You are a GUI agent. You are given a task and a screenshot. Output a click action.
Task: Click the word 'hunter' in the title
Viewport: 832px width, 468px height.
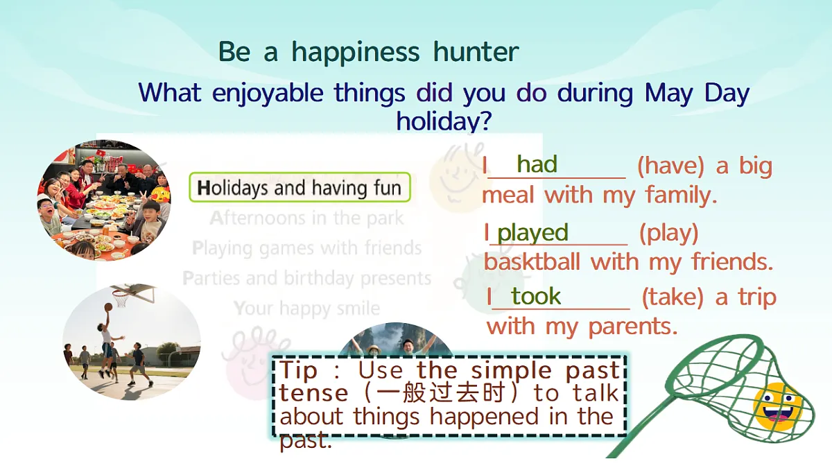tap(476, 51)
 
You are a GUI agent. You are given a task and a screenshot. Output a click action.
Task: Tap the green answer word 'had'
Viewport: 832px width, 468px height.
tap(537, 164)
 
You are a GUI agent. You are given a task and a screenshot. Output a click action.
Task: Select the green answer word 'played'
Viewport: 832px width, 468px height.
tap(533, 234)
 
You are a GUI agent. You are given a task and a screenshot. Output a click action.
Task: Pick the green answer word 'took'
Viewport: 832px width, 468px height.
tap(536, 296)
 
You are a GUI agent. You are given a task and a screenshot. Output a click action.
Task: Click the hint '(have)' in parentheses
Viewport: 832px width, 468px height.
tap(671, 166)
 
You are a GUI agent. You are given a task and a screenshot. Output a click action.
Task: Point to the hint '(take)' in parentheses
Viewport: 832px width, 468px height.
tap(673, 297)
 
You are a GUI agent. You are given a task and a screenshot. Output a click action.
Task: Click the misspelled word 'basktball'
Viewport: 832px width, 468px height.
tap(532, 261)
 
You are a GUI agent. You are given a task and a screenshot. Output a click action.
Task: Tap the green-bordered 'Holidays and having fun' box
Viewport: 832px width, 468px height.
tap(300, 187)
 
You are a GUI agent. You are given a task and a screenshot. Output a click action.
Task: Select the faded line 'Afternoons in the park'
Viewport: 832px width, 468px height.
tap(306, 218)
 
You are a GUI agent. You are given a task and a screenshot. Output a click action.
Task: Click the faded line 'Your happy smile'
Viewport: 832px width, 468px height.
tap(306, 309)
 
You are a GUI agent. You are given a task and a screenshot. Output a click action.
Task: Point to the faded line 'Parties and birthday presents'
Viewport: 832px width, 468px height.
tap(306, 278)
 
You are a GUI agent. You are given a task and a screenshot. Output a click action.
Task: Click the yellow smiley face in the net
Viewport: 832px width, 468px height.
tap(778, 406)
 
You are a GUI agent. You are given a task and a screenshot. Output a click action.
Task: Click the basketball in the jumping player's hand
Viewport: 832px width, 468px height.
tap(108, 307)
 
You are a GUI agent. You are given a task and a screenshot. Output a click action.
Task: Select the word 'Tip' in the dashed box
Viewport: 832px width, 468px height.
tap(299, 370)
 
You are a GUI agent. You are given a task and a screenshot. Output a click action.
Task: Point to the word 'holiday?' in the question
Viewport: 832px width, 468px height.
tap(444, 121)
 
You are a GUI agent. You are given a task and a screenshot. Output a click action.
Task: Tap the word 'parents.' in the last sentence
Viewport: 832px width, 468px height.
tap(633, 327)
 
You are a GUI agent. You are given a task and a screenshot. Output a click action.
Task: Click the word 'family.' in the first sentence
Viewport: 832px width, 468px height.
tap(681, 195)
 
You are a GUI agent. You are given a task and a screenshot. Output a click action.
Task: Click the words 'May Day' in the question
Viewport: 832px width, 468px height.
tap(697, 93)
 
